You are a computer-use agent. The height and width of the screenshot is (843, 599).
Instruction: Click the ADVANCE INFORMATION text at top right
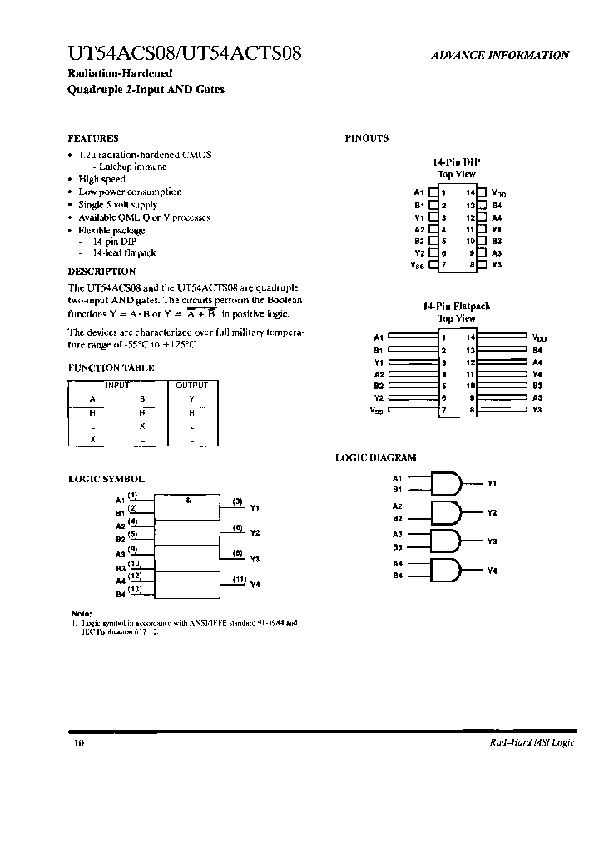(500, 55)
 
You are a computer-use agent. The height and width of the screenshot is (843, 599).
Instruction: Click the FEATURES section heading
(92, 138)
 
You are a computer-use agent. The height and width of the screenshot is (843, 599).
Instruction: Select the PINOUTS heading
(366, 138)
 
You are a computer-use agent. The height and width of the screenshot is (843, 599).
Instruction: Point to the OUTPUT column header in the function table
(191, 386)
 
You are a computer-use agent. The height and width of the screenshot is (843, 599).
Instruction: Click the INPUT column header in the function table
(117, 386)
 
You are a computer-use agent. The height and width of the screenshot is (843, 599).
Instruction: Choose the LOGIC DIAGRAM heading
(375, 457)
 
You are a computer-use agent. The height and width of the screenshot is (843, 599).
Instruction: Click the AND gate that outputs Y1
(447, 483)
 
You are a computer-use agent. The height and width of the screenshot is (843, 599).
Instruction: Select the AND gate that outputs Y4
(447, 570)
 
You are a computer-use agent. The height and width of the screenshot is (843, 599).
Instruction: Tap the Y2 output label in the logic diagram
(492, 512)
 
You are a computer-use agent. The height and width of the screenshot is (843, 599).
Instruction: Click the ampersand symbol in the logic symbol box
(188, 501)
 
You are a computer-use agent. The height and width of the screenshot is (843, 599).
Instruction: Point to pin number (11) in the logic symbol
(239, 579)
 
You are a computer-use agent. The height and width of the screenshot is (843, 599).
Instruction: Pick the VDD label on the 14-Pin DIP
(498, 192)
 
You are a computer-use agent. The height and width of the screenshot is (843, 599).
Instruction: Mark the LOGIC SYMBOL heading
(106, 479)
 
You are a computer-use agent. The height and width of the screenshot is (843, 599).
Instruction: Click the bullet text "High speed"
(101, 179)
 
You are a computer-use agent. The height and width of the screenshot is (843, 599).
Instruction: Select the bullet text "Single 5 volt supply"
(117, 204)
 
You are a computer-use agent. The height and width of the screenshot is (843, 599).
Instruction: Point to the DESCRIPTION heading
(101, 272)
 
